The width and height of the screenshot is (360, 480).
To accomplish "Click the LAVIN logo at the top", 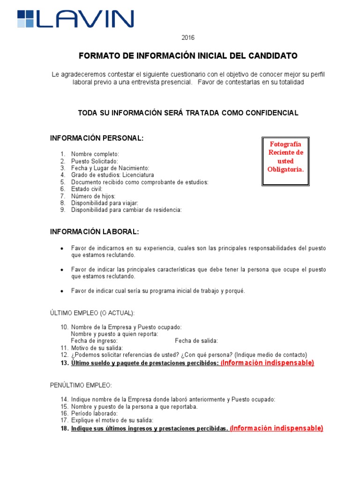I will pyautogui.click(x=75, y=19).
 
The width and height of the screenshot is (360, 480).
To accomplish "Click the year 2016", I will pyautogui.click(x=188, y=37).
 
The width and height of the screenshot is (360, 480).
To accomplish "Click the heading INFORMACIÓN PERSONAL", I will pyautogui.click(x=97, y=138).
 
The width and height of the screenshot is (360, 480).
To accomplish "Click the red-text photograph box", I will pyautogui.click(x=285, y=161).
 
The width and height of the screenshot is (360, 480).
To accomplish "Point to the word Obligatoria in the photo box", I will pyautogui.click(x=285, y=169).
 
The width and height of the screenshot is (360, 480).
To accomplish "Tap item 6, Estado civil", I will pyautogui.click(x=87, y=189).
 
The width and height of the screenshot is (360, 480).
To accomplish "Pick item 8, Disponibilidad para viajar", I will pyautogui.click(x=105, y=203).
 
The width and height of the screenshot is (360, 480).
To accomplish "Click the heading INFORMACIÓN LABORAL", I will pyautogui.click(x=95, y=232).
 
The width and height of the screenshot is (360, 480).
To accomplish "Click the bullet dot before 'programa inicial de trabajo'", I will pyautogui.click(x=62, y=291).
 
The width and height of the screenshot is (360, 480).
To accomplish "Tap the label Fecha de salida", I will pyautogui.click(x=196, y=341).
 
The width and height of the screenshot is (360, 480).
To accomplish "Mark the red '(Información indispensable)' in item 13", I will pyautogui.click(x=267, y=363).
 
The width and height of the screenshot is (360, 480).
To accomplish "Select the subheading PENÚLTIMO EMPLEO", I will pyautogui.click(x=81, y=385).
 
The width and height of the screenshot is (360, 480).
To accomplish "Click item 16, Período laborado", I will pyautogui.click(x=94, y=413).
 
